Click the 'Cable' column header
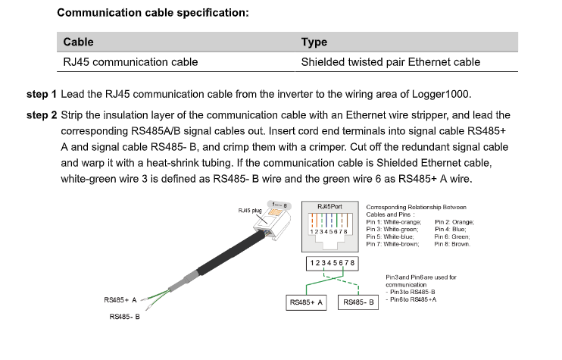[x=78, y=42]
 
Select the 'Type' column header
[x=314, y=42]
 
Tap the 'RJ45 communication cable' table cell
[x=130, y=62]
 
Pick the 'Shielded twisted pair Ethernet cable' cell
[x=390, y=62]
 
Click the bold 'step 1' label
[x=42, y=94]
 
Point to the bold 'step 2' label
[x=42, y=115]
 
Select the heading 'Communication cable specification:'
[x=153, y=13]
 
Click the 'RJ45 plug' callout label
[x=250, y=211]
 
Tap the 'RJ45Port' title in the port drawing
[x=329, y=207]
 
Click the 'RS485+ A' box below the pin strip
[x=306, y=302]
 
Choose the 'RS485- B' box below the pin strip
[x=358, y=302]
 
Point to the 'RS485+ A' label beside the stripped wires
[x=120, y=300]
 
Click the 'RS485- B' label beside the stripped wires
[x=125, y=317]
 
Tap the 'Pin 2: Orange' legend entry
[x=454, y=222]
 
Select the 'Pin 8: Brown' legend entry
[x=452, y=244]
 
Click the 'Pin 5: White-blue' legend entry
[x=390, y=236]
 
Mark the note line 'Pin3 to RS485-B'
[x=411, y=293]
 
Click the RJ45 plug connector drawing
[x=272, y=221]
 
